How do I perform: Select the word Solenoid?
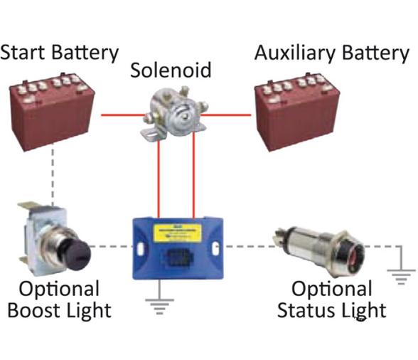click(171, 70)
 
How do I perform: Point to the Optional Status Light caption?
click(332, 300)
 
